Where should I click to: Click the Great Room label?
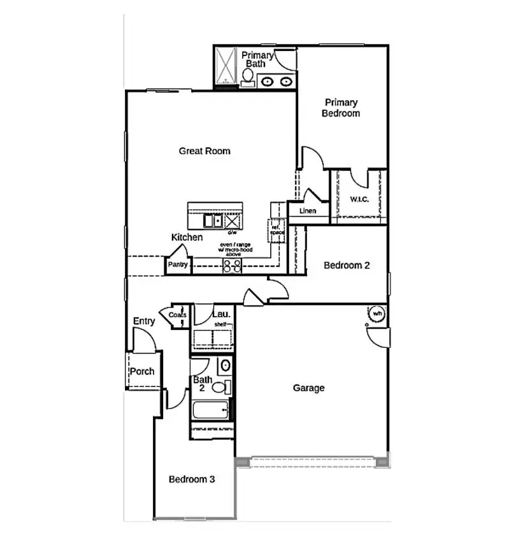[204, 151]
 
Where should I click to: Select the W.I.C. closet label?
[359, 199]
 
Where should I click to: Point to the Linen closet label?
[308, 211]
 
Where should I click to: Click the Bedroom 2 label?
[347, 266]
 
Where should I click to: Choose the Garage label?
[308, 387]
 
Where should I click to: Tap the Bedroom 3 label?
[191, 479]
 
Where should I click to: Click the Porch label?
[142, 372]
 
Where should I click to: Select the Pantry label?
[178, 264]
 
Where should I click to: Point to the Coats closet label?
[178, 315]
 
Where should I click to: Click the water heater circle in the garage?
[376, 314]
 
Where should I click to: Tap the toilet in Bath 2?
[220, 386]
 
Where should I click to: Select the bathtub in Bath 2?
[210, 409]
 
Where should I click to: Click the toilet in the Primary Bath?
[247, 77]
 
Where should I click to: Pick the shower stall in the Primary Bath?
[225, 66]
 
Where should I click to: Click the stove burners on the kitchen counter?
[232, 266]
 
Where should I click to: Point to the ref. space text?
[277, 229]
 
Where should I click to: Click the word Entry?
[144, 321]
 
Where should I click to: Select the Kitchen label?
[187, 237]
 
